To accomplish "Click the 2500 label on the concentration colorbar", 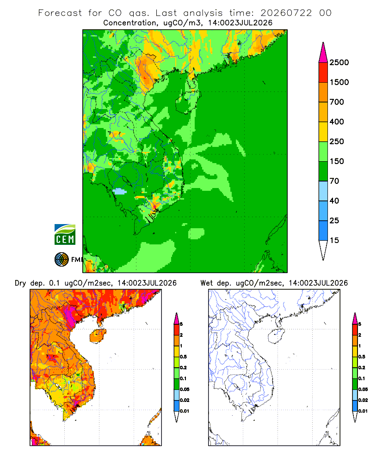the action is (x=339, y=62).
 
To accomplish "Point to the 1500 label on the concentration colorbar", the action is (x=339, y=82).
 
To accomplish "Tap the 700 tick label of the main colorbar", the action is (x=337, y=102).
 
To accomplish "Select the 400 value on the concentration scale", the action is (x=337, y=122).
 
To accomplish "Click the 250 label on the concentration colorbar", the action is (x=337, y=141).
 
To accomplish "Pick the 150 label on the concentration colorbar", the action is (x=337, y=161).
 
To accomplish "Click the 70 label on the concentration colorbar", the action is (x=334, y=181).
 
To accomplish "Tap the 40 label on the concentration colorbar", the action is (x=334, y=201).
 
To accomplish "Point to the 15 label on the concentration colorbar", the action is (x=334, y=240).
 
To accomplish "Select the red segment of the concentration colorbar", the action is (x=323, y=73).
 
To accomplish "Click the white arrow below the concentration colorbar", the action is (x=323, y=249).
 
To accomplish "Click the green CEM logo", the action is (x=65, y=235).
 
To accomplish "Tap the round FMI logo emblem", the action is (x=62, y=260).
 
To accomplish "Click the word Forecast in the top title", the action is (x=60, y=13).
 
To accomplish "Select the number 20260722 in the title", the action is (x=286, y=13).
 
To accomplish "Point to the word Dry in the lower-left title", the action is (x=20, y=283).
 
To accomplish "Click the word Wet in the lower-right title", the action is (x=206, y=283).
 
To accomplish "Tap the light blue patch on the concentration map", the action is (x=119, y=192).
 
